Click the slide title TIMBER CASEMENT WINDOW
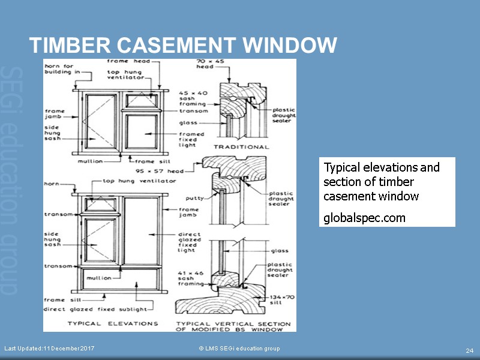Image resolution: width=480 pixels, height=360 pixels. coord(183,45)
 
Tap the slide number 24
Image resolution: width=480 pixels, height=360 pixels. coord(470,350)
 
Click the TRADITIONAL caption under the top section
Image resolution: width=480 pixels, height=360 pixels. coord(242,147)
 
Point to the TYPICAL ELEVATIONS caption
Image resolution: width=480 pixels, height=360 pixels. coord(113,323)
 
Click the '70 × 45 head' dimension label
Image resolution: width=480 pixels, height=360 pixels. coord(205,64)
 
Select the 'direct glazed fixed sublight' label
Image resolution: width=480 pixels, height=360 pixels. coord(95,309)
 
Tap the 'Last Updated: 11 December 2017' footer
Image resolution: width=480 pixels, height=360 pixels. coord(49,349)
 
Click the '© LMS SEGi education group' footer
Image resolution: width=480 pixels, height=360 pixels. coord(239,349)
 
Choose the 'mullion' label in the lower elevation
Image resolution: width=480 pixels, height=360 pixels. coord(98,278)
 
